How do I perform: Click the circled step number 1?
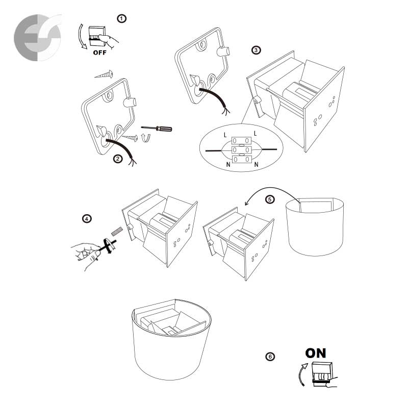[x=121, y=19]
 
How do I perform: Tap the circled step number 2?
[x=118, y=159]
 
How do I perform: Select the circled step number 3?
[x=256, y=50]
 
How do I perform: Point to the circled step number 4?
[x=87, y=218]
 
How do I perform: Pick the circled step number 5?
[x=270, y=199]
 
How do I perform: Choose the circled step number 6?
[x=270, y=356]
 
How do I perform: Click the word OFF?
[x=99, y=53]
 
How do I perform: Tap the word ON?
[x=315, y=353]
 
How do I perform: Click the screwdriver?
[x=157, y=129]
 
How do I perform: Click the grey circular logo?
[x=38, y=38]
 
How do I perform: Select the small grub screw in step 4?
[x=117, y=231]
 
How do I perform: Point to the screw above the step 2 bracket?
[x=104, y=74]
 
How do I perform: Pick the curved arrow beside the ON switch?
[x=302, y=375]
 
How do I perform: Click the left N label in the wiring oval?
[x=228, y=164]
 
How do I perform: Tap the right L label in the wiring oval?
[x=256, y=134]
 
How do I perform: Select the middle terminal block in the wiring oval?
[x=241, y=150]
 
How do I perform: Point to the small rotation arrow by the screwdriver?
[x=146, y=138]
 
